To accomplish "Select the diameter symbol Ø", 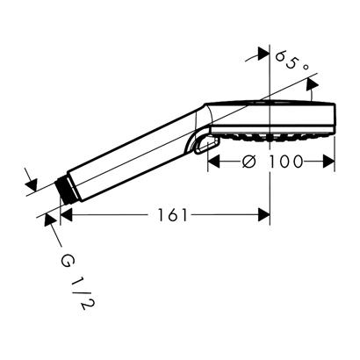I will [248, 161].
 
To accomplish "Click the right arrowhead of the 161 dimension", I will [263, 214].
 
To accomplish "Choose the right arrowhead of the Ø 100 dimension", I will [331, 161].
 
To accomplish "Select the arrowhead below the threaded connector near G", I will [49, 220].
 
